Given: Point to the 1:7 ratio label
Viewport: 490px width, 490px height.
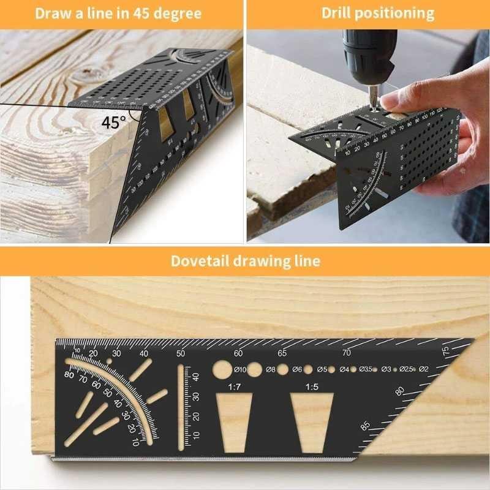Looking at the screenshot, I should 234,387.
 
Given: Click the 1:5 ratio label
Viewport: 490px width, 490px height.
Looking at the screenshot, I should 312,387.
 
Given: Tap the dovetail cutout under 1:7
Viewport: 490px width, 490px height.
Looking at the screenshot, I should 235,422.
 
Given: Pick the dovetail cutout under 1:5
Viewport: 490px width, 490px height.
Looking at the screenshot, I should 312,422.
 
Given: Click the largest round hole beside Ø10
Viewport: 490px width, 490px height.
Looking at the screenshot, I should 222,369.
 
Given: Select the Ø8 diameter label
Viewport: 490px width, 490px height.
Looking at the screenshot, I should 270,369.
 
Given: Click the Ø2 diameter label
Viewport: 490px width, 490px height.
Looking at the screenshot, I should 423,369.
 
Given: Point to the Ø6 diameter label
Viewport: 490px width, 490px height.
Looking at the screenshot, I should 297,369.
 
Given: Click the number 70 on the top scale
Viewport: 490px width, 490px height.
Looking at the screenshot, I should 347,353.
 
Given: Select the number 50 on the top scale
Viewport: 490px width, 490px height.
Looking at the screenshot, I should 181,353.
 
